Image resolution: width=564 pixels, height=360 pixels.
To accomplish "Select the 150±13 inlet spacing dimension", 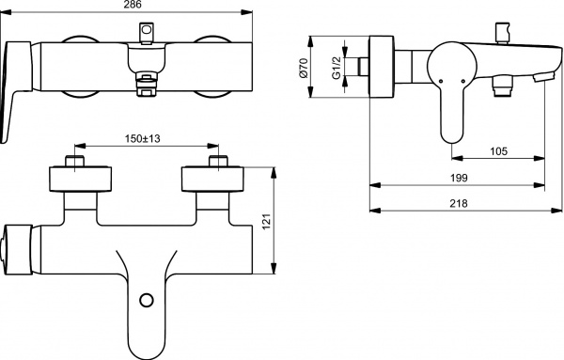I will (x=146, y=138).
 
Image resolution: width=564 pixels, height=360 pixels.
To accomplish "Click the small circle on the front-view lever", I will (x=145, y=302).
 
